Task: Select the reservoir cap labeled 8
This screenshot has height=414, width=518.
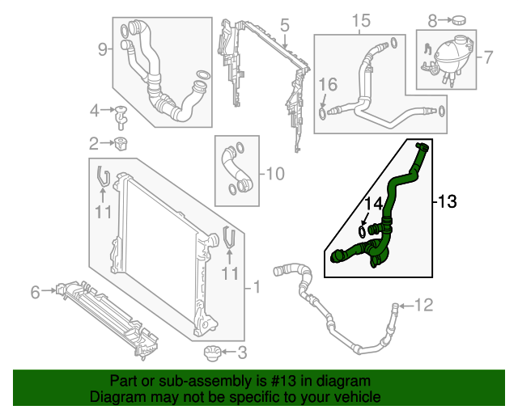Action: pyautogui.click(x=461, y=19)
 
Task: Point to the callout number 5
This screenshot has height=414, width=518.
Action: pyautogui.click(x=285, y=26)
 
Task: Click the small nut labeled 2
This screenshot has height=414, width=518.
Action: pyautogui.click(x=123, y=144)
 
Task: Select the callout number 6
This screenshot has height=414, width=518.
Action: pyautogui.click(x=35, y=292)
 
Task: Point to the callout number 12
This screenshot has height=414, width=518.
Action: pyautogui.click(x=424, y=305)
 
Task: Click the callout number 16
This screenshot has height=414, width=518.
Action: pyautogui.click(x=327, y=85)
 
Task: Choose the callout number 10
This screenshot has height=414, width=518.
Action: pyautogui.click(x=275, y=173)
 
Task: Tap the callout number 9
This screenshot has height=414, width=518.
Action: pyautogui.click(x=103, y=50)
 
